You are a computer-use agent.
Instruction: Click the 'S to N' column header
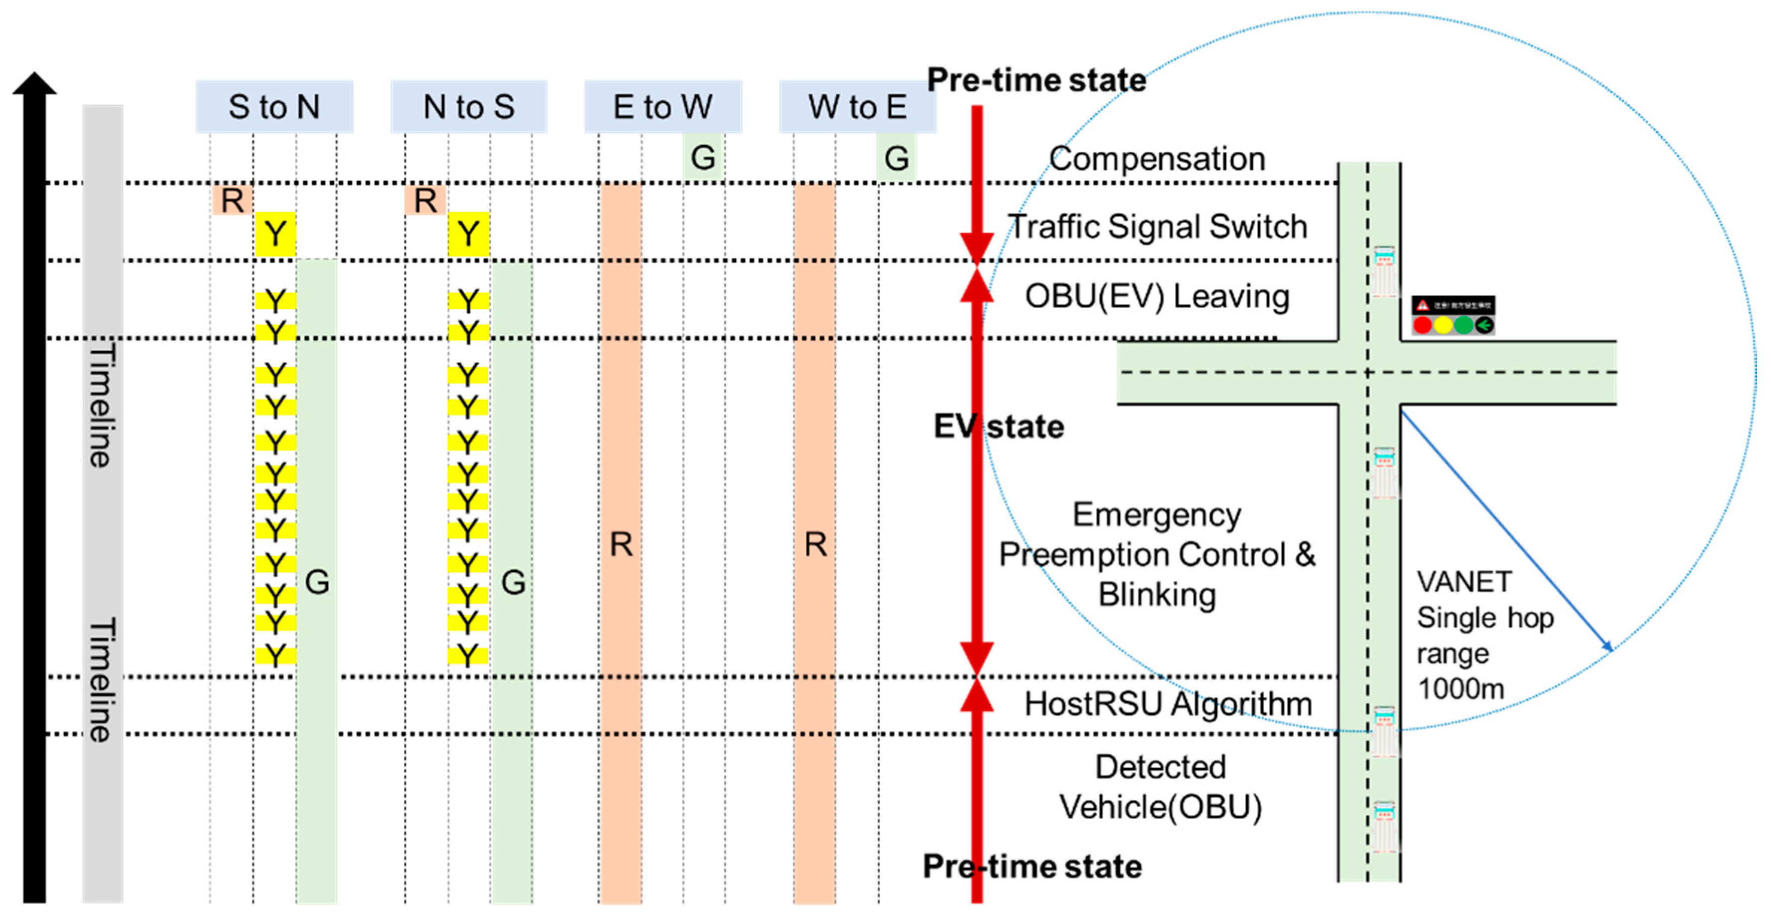coord(274,107)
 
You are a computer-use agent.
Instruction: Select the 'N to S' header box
coord(468,107)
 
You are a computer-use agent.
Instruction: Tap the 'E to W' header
coord(663,107)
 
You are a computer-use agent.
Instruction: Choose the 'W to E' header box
coord(857,107)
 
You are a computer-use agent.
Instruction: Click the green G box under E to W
coord(703,158)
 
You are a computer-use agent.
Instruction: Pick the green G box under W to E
coord(897,158)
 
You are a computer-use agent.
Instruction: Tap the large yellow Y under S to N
coord(275,234)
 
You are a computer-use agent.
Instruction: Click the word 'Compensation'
coord(1157,159)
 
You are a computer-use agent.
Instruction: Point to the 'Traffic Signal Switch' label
coord(1157,227)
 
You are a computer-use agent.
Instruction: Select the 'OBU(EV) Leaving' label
coord(1157,296)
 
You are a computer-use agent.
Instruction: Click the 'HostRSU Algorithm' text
coord(1168,703)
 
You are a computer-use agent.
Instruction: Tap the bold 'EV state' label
coord(998,427)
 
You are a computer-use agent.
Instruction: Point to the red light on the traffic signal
coord(1422,325)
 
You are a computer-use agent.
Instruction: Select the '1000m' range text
coord(1461,689)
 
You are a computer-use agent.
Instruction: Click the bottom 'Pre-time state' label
coord(1032,866)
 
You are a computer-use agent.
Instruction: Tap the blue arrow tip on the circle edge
coord(1609,647)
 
